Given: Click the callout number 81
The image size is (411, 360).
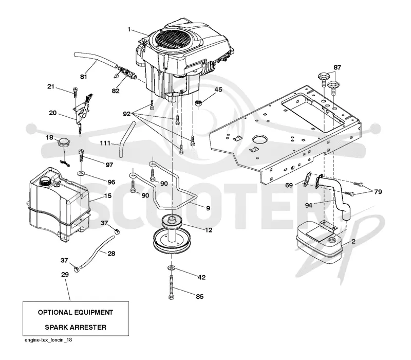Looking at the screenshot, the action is [x=84, y=77].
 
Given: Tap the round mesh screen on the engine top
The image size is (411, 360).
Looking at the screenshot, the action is [x=172, y=40].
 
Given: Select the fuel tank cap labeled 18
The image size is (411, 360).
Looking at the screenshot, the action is [x=64, y=143].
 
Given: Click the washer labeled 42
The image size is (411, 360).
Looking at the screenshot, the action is [x=172, y=268].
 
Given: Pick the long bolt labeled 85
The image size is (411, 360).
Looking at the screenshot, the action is [x=172, y=287].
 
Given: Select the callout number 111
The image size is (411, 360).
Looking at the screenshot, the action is [x=105, y=143].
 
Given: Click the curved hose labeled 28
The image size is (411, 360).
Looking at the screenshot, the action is [x=98, y=251].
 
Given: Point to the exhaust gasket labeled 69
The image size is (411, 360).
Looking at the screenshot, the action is [x=307, y=179].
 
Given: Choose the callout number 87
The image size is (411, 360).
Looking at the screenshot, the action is [x=338, y=67].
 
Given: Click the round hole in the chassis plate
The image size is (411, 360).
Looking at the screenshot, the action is [x=259, y=139].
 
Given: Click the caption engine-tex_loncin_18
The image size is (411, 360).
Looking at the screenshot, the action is [x=48, y=340].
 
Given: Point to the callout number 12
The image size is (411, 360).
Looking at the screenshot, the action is [x=209, y=230].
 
